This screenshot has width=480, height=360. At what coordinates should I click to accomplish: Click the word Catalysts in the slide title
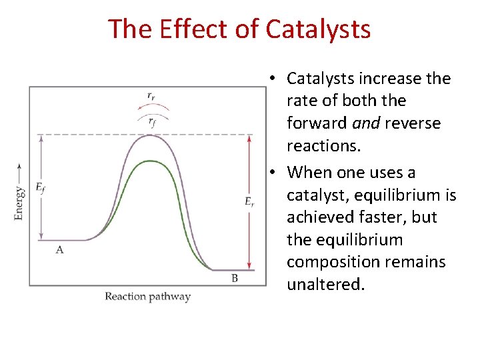pyautogui.click(x=317, y=29)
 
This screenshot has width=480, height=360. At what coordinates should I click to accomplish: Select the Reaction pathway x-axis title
pyautogui.click(x=147, y=297)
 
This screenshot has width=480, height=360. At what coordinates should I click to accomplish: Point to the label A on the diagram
pyautogui.click(x=59, y=249)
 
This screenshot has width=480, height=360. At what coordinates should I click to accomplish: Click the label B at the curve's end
pyautogui.click(x=235, y=278)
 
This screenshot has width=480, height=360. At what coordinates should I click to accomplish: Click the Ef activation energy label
pyautogui.click(x=40, y=189)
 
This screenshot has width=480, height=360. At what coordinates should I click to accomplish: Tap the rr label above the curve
pyautogui.click(x=152, y=96)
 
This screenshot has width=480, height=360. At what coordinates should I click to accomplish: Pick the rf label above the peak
pyautogui.click(x=153, y=121)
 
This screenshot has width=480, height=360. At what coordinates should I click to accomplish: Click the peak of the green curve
pyautogui.click(x=152, y=161)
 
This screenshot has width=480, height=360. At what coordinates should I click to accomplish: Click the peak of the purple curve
pyautogui.click(x=152, y=135)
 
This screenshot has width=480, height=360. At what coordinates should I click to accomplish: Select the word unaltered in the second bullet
pyautogui.click(x=325, y=285)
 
